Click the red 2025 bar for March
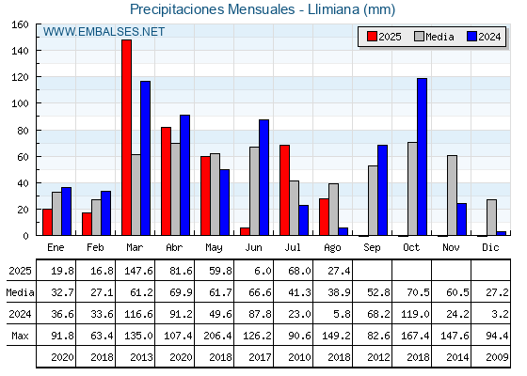[x=127, y=137]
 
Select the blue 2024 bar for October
[x=422, y=157]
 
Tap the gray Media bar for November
[x=452, y=196]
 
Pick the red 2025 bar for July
[x=284, y=190]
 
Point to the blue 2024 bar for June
[x=263, y=178]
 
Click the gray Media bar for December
[x=491, y=217]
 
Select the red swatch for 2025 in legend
[x=372, y=37]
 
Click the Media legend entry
[x=434, y=37]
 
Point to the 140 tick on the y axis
[x=38, y=51]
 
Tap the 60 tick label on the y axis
[x=23, y=157]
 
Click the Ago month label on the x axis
[x=332, y=248]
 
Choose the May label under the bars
[x=214, y=248]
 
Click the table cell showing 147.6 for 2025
[x=138, y=271]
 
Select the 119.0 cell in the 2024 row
[x=415, y=314]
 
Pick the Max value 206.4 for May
[x=217, y=336]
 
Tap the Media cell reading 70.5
[x=418, y=292]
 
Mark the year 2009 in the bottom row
[x=497, y=357]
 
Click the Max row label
[x=20, y=336]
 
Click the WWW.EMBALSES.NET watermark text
[x=104, y=32]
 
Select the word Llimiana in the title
[x=333, y=9]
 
